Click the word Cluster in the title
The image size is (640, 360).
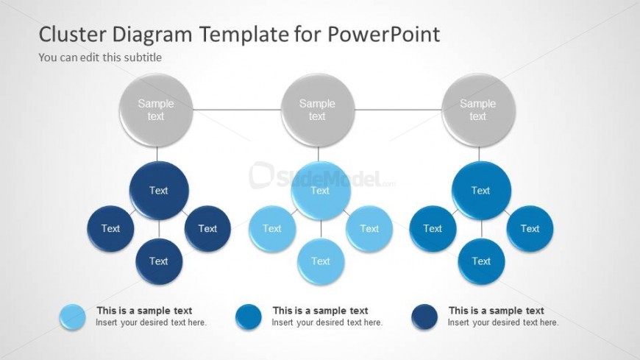pyautogui.click(x=72, y=34)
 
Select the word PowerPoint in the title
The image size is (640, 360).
pyautogui.click(x=384, y=34)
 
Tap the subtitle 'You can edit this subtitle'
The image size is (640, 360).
pyautogui.click(x=100, y=57)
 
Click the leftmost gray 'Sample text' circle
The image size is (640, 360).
pyautogui.click(x=156, y=110)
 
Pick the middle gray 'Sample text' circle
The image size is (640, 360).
pyautogui.click(x=318, y=110)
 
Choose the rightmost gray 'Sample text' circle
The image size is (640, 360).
pyautogui.click(x=478, y=110)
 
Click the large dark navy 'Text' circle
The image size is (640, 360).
pyautogui.click(x=159, y=191)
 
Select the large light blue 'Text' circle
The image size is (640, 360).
pyautogui.click(x=321, y=191)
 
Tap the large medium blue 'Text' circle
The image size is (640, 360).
pyautogui.click(x=481, y=191)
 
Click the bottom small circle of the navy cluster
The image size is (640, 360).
pyautogui.click(x=159, y=261)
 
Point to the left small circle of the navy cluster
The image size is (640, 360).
pyautogui.click(x=110, y=229)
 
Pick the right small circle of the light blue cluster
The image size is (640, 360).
pyautogui.click(x=369, y=229)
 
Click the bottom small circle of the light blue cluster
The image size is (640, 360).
pyautogui.click(x=321, y=261)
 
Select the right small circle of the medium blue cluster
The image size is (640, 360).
pyautogui.click(x=530, y=229)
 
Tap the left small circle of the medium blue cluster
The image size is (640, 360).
pyautogui.click(x=433, y=229)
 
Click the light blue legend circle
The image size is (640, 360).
pyautogui.click(x=73, y=317)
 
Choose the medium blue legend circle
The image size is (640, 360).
pyautogui.click(x=249, y=317)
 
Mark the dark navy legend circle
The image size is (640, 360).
pyautogui.click(x=424, y=317)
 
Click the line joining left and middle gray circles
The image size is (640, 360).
pyautogui.click(x=237, y=110)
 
